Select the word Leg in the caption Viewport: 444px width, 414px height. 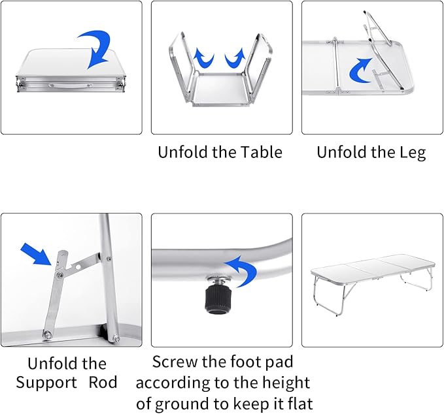coord(411,153)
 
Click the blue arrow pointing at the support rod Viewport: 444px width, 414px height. coord(36,254)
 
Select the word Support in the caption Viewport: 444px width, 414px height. coord(45,383)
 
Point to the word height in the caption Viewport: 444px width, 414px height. coord(285,383)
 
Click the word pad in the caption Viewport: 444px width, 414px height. coord(278,362)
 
